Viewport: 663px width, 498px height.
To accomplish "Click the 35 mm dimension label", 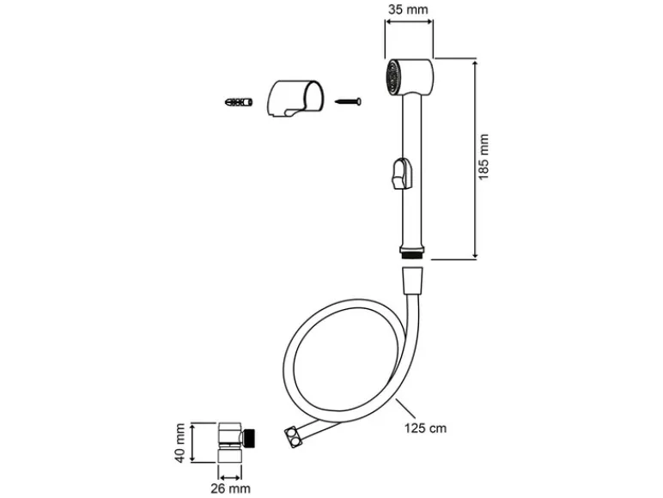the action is point(408,9).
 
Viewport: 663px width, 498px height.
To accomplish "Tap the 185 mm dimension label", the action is point(484,157).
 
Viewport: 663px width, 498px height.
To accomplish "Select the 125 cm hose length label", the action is point(425,428).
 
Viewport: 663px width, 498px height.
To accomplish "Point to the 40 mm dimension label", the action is point(180,443).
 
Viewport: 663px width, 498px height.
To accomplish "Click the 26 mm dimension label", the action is point(230,489).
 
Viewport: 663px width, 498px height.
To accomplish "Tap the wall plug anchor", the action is point(239,102).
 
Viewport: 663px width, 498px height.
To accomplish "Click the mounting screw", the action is point(348,101).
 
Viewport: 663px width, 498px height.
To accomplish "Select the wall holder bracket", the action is point(295,98).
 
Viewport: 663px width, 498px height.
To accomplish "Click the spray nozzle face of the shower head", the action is point(393,76).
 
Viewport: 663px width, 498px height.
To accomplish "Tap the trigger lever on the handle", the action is point(401,173).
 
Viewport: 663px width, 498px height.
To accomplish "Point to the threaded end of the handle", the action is point(411,255).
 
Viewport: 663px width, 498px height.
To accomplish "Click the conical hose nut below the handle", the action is point(412,280).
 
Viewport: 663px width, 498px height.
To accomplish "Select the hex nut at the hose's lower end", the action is point(294,437).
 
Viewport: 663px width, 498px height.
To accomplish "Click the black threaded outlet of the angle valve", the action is point(250,437).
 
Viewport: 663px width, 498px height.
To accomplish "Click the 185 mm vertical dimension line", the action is point(475,159).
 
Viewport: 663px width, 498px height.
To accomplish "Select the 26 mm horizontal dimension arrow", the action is point(230,477).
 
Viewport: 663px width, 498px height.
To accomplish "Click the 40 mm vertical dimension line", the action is point(192,443).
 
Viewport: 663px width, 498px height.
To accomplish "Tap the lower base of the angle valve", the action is point(230,456).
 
